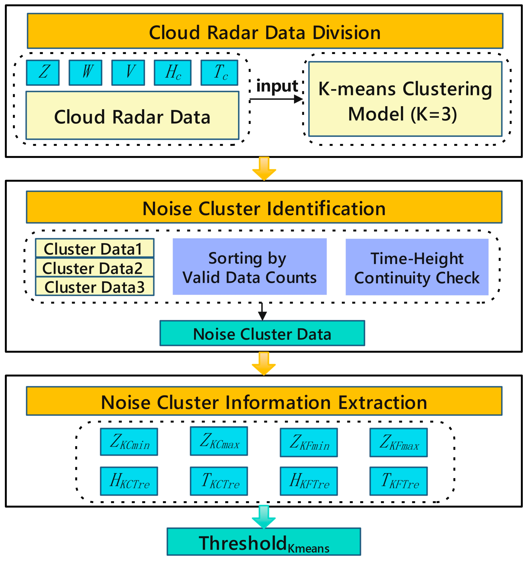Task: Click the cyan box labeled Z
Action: (43, 73)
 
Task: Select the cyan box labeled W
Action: (85, 73)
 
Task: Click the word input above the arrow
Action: (277, 86)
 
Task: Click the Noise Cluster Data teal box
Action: (262, 333)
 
